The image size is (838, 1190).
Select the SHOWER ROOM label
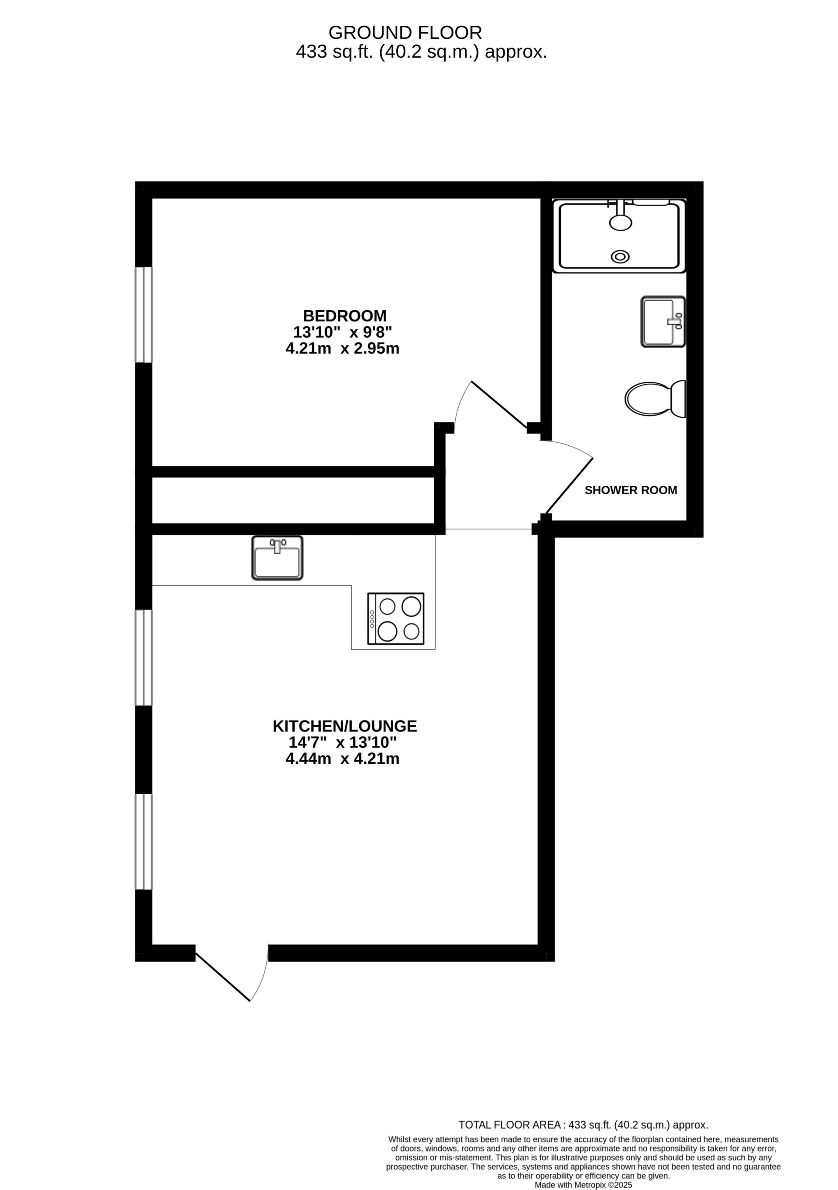[x=631, y=490]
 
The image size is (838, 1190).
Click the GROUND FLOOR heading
[x=405, y=33]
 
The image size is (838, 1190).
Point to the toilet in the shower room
[x=654, y=399]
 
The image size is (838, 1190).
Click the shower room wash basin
[x=663, y=321]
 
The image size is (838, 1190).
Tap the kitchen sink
[x=277, y=557]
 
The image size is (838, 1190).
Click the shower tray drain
[x=620, y=256]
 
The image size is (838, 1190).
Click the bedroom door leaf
[x=499, y=405]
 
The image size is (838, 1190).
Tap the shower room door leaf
[x=568, y=486]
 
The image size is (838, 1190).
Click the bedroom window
[x=144, y=314]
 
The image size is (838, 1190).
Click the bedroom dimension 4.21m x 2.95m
[x=342, y=348]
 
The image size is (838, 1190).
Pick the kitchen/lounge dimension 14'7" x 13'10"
[x=342, y=742]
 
